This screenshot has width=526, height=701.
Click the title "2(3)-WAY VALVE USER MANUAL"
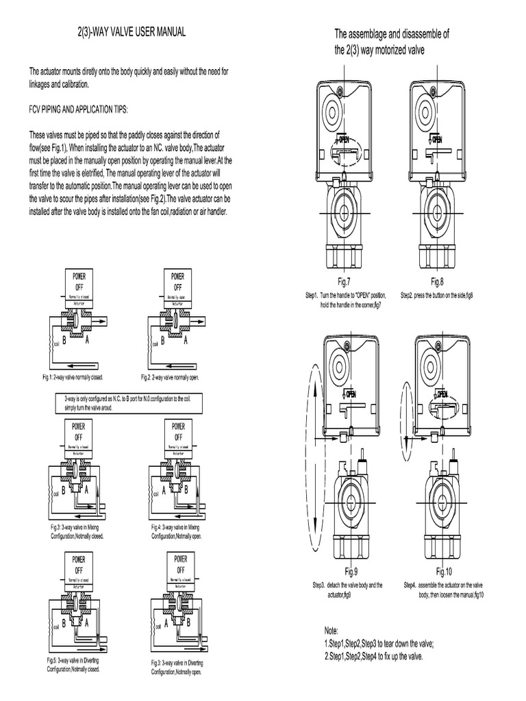129,32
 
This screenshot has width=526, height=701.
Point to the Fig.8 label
437,281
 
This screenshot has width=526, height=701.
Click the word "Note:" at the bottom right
331,630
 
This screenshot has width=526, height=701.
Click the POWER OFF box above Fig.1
83,280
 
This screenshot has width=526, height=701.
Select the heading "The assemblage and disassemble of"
392,34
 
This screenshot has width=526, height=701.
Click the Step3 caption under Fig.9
347,590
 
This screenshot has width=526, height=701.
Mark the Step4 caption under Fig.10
444,590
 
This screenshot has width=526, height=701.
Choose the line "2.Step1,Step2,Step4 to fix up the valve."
373,656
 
